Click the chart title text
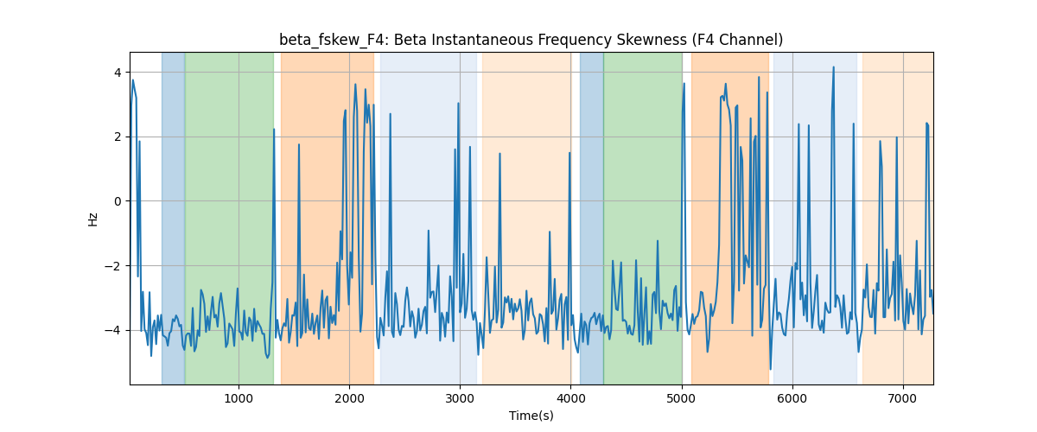(x=531, y=41)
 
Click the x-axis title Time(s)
(x=531, y=416)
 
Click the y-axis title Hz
(x=93, y=219)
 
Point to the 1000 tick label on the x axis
(x=239, y=399)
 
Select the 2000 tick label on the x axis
(x=349, y=399)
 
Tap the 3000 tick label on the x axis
(x=460, y=399)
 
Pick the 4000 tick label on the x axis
(x=571, y=399)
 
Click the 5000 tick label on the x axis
(x=682, y=399)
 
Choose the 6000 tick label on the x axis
(x=792, y=399)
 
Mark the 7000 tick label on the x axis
(x=903, y=399)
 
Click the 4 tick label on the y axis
(x=118, y=73)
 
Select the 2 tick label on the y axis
(x=118, y=137)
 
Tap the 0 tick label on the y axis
(x=118, y=201)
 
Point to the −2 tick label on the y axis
(x=113, y=266)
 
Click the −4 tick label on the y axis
(x=113, y=331)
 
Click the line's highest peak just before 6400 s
(x=833, y=67)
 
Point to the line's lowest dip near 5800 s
(x=770, y=369)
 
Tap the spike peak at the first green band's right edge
(x=274, y=130)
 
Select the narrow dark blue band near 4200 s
(x=592, y=218)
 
